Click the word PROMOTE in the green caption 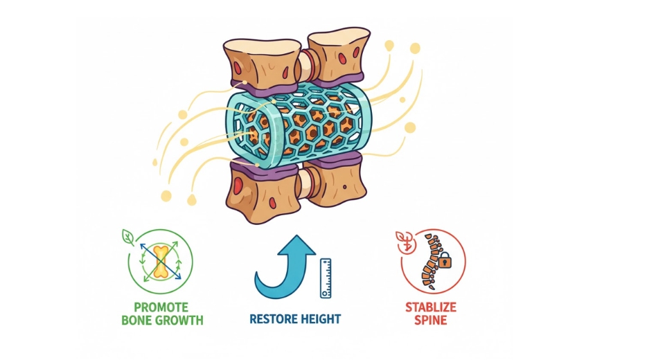[161, 306]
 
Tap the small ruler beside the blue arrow [325, 278]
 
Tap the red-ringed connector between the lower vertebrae [305, 183]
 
